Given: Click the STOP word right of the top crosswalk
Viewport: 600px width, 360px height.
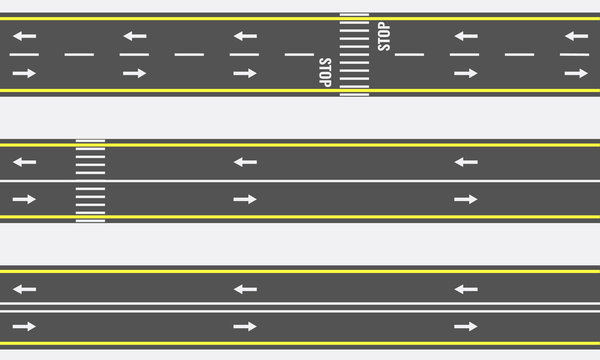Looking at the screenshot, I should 384,37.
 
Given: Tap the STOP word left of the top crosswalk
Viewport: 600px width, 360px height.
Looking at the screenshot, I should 325,72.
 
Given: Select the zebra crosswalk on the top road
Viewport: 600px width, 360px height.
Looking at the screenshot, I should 354,54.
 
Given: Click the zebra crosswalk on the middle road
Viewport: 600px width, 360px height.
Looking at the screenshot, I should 90,180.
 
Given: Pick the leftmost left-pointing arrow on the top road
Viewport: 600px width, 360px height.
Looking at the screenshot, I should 24,36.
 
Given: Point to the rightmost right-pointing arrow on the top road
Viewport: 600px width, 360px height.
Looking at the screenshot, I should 575,73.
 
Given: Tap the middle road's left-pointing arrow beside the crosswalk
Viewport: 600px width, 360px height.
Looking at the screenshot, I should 24,161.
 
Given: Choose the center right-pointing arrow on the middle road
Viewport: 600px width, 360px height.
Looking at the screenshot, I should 245,199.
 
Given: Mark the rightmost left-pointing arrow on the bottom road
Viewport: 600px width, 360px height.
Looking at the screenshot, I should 465,289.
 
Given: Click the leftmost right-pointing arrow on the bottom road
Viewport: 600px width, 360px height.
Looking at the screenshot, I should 24,326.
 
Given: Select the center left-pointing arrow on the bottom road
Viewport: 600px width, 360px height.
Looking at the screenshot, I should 245,289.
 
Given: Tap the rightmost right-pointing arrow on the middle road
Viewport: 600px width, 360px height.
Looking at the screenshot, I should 465,199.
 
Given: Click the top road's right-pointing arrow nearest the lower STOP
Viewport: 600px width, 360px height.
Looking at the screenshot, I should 245,73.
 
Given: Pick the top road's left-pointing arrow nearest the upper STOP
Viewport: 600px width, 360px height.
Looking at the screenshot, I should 464,36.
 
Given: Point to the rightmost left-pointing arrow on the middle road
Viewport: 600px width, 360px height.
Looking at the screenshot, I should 465,161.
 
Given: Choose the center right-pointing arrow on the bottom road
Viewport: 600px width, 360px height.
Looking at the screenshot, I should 245,326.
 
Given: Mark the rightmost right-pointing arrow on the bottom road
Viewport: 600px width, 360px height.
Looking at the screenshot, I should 465,326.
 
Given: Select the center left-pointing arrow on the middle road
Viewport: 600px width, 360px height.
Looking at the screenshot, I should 245,161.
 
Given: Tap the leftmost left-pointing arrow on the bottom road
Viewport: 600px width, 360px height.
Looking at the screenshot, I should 24,289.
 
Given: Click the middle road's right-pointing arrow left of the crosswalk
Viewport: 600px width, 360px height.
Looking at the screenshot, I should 24,199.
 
